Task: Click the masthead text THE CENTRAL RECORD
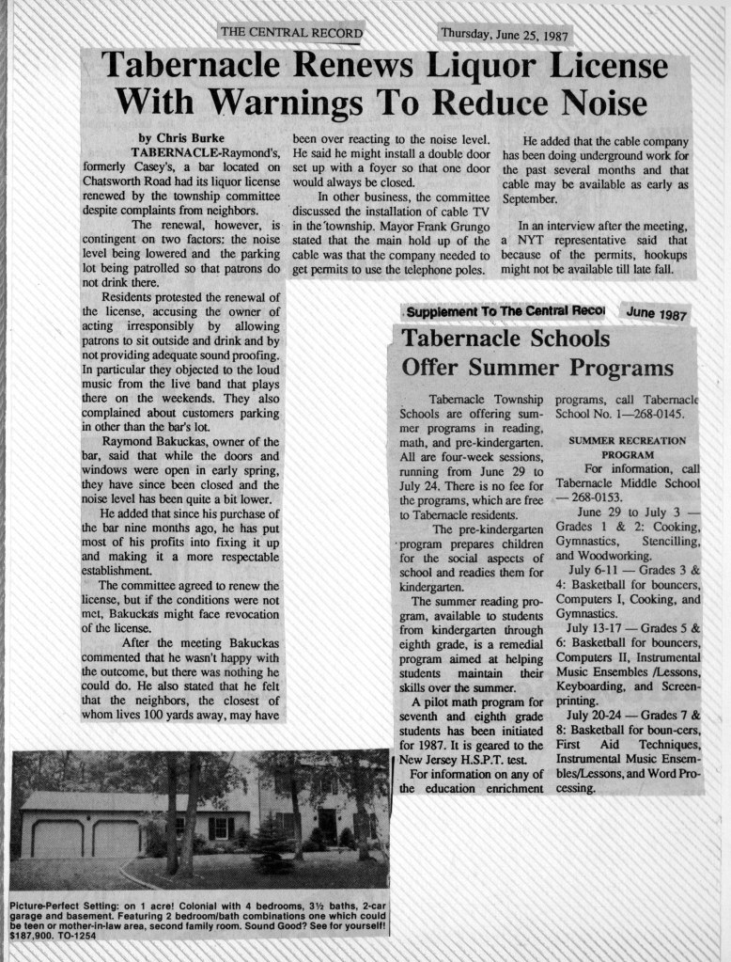[289, 32]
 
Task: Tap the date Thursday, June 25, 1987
[505, 35]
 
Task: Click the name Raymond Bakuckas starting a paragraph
[150, 441]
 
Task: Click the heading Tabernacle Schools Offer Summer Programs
[537, 353]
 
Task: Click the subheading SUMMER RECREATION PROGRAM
[627, 447]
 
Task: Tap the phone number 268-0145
[662, 413]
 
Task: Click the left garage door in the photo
[57, 836]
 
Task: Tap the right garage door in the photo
[116, 836]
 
